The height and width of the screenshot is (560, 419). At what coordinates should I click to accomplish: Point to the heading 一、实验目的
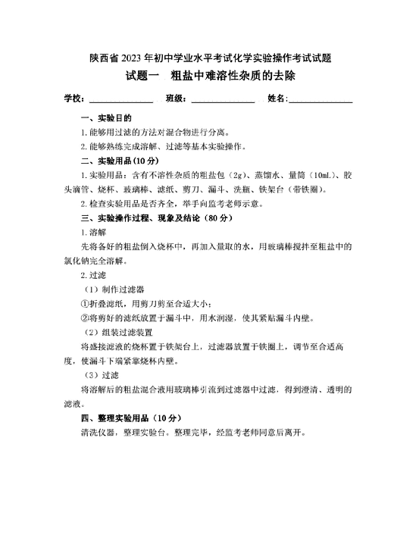point(106,119)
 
